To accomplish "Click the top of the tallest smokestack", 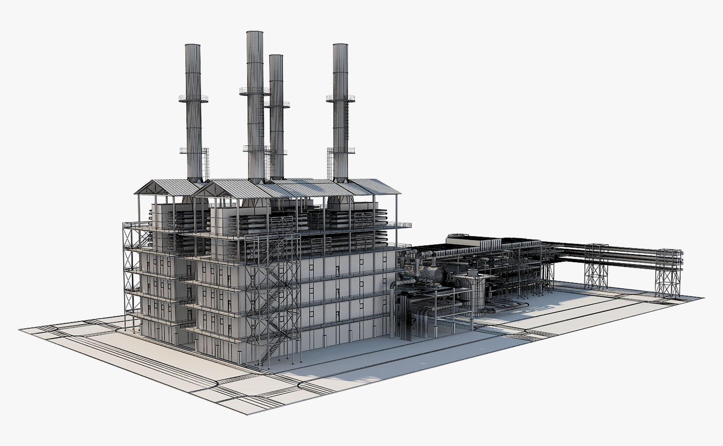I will pos(255,32).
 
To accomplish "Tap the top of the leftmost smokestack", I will pos(192,45).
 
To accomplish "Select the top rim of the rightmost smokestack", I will pos(340,45).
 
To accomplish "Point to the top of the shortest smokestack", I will pos(276,56).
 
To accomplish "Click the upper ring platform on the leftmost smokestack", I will pos(193,99).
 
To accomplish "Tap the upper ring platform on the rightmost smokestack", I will pos(341,98).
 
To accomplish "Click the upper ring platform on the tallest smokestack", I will pos(254,92).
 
